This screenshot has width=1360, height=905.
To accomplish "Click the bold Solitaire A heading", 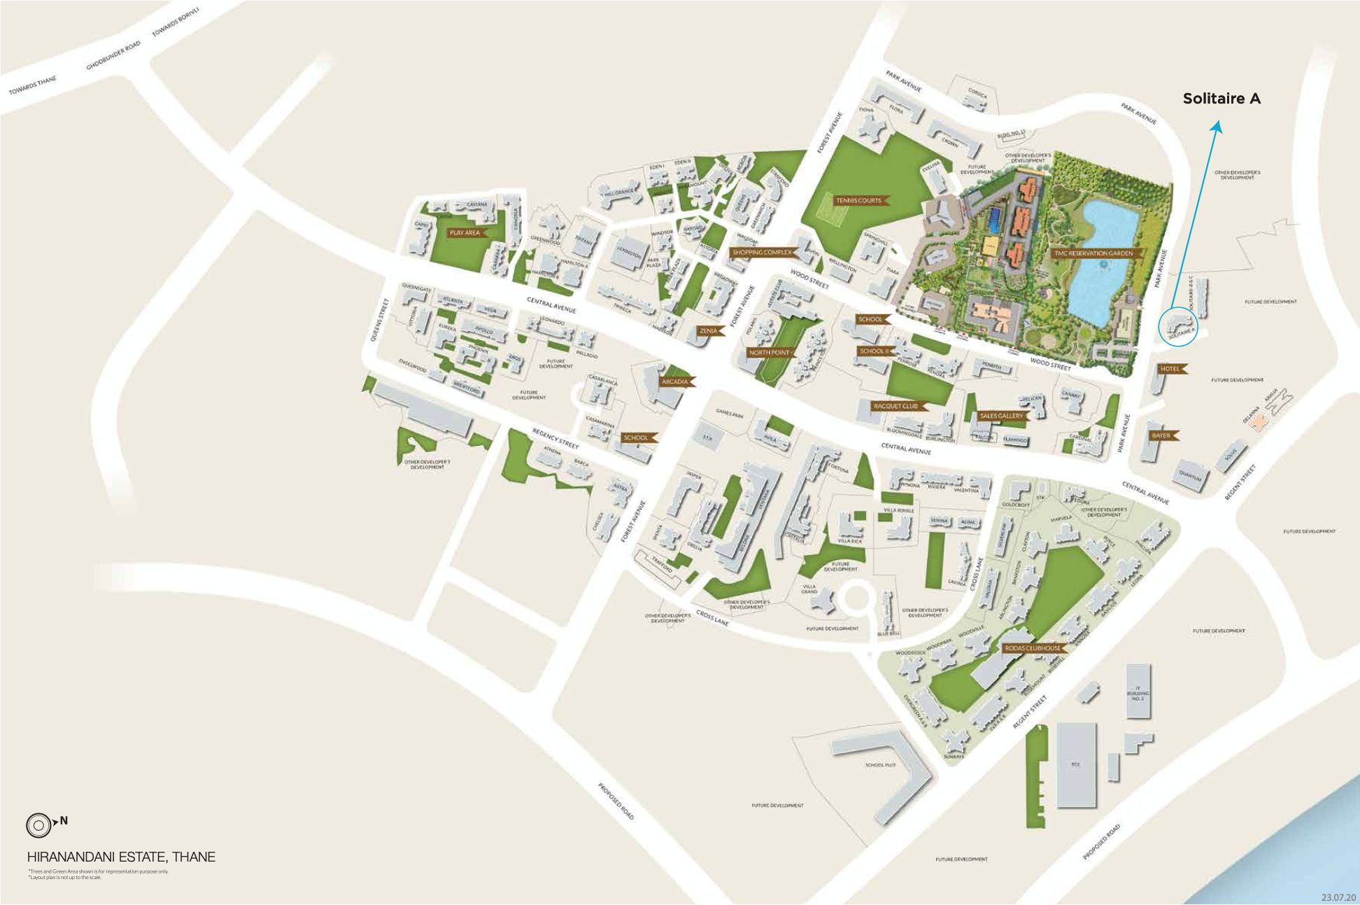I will tap(1221, 99).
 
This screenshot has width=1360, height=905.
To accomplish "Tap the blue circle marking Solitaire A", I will tap(1179, 326).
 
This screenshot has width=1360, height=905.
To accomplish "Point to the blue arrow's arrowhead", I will tap(1218, 125).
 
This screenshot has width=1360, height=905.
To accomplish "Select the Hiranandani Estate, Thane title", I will tap(121, 857).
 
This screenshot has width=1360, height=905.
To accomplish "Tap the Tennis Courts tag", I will tap(858, 201).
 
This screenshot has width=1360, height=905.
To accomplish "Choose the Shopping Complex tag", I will tap(761, 253).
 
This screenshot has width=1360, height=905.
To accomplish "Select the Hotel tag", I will tap(1170, 369).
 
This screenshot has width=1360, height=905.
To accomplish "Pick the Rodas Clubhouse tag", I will tap(1032, 648).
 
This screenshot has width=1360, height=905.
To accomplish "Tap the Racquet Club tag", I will tap(895, 406).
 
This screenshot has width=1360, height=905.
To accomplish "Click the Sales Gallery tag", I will tap(1001, 416).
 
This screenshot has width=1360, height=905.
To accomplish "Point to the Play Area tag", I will tap(465, 232).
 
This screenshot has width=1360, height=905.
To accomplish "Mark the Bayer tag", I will tap(1161, 435).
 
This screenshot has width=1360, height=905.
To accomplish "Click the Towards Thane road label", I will tap(32, 86).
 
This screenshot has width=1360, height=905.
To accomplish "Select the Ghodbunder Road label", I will tap(113, 55).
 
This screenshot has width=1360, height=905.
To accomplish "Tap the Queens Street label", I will tap(379, 320).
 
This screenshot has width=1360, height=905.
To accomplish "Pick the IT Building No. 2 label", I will tap(1138, 693).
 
